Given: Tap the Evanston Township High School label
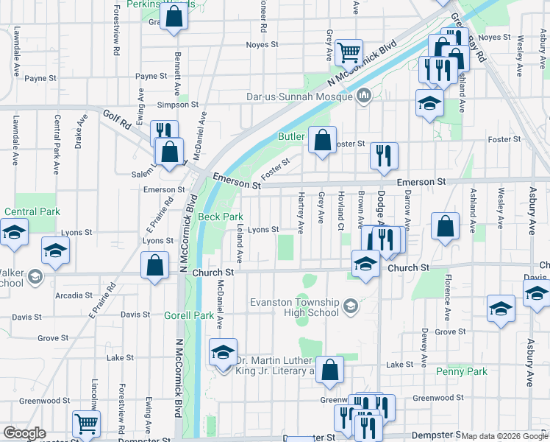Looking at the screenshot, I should tap(294, 307).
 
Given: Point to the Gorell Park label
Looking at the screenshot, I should tap(189, 315).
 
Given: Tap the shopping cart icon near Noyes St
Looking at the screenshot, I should tap(349, 52).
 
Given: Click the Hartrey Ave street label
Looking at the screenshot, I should tap(301, 214).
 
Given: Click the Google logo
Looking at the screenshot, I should tap(24, 433).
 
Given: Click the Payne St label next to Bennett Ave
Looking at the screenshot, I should tap(151, 77).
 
